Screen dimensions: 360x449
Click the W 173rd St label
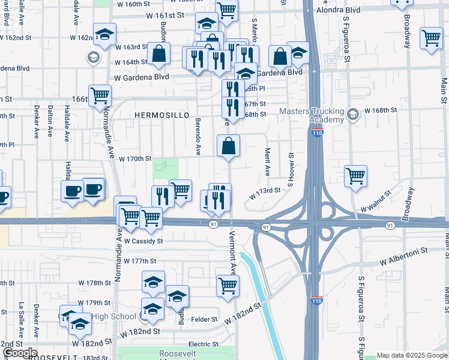tap(265, 190)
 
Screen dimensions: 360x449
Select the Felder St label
tap(203, 321)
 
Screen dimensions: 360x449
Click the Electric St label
tap(203, 344)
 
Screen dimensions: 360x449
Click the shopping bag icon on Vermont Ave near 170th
tap(229, 146)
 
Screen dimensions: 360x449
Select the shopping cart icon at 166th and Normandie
tap(100, 95)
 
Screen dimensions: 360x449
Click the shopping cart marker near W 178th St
tap(228, 286)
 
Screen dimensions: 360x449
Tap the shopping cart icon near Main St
tap(431, 38)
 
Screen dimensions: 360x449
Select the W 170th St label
tap(134, 159)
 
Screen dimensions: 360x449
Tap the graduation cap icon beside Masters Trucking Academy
tap(353, 113)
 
